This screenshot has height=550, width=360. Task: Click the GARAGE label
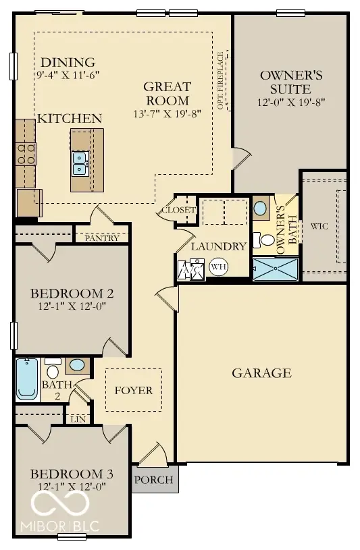[x=261, y=373]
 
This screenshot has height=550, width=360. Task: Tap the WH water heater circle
[x=218, y=267]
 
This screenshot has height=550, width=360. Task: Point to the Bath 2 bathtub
[x=27, y=380]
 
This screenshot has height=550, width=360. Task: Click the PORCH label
[x=154, y=480]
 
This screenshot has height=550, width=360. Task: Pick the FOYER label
[x=133, y=391]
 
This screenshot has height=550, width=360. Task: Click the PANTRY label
[x=102, y=238]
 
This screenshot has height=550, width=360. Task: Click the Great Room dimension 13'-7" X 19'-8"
[x=167, y=114]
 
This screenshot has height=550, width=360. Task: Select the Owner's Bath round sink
[x=260, y=208]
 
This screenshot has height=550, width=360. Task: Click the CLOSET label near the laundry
[x=178, y=211]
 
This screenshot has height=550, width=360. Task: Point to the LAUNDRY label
[x=217, y=247]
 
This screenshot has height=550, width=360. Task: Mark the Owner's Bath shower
[x=275, y=269]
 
